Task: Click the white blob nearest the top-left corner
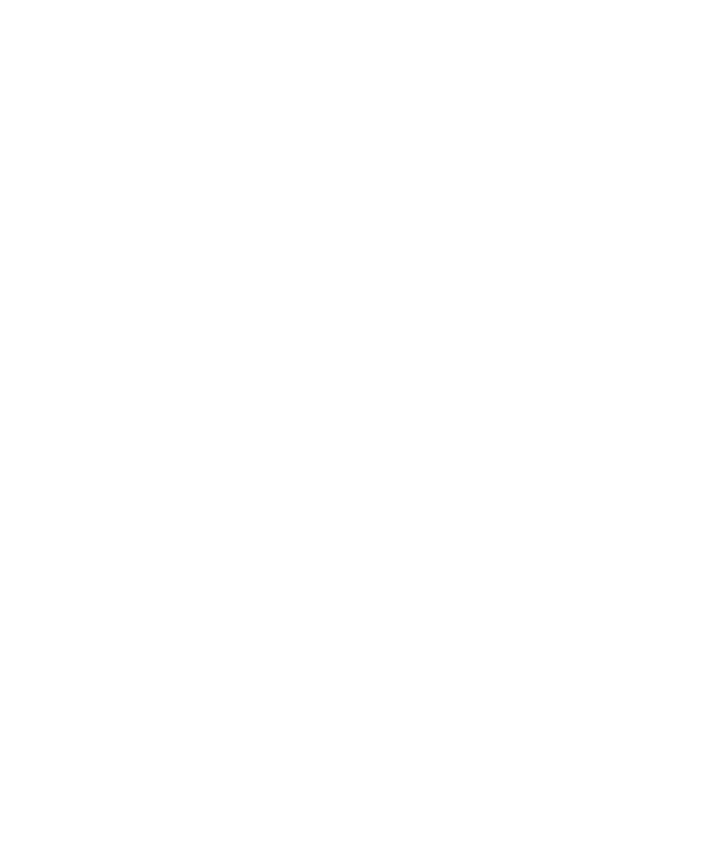point(59,65)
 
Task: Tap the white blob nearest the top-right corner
point(604,63)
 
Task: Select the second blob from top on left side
point(163,181)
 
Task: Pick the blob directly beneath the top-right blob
point(604,214)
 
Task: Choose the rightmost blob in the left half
point(196,310)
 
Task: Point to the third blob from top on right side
point(535,323)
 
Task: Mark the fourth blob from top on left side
point(83,399)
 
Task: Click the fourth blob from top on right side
point(606,399)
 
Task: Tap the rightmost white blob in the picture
point(656,568)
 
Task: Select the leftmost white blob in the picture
point(25,592)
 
